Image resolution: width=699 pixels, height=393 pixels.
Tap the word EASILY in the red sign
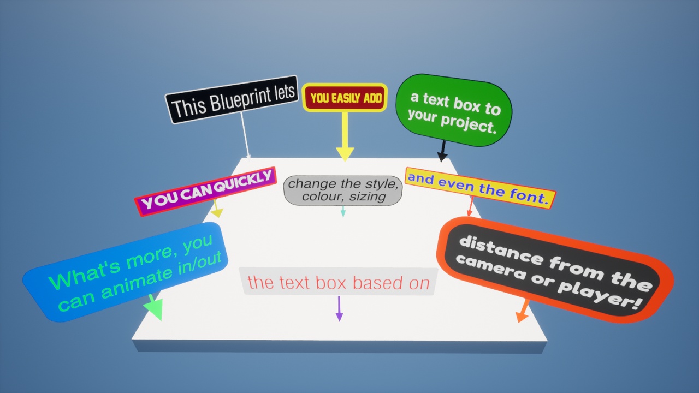tap(346, 98)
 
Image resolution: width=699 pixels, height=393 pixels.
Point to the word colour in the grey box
tap(321, 196)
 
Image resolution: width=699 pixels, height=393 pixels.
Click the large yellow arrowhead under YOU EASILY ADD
tap(345, 154)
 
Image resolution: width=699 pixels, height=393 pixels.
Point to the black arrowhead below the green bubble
tap(442, 157)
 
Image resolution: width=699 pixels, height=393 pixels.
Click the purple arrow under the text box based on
tap(339, 309)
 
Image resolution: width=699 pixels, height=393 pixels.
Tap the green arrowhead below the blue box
tap(155, 309)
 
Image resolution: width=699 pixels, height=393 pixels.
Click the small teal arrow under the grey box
tap(343, 211)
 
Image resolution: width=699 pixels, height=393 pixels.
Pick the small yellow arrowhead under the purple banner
tap(217, 213)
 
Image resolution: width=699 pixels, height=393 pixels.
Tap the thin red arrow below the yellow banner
tap(471, 206)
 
